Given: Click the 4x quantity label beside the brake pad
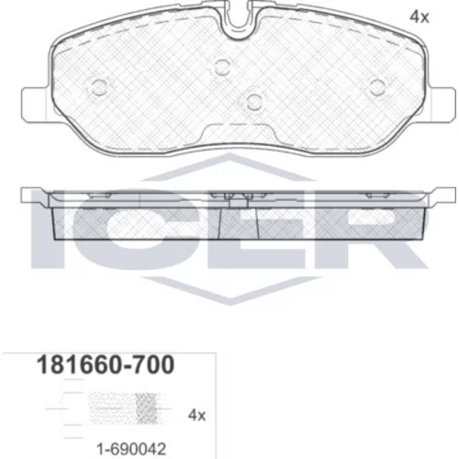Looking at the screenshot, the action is pos(420,17).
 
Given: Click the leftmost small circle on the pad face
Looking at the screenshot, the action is pos(100,87).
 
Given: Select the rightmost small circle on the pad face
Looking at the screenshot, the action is pos(377,87).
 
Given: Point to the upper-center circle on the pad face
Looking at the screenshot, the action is pos(222,67).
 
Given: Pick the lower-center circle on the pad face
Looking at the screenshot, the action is pos(254,101).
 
